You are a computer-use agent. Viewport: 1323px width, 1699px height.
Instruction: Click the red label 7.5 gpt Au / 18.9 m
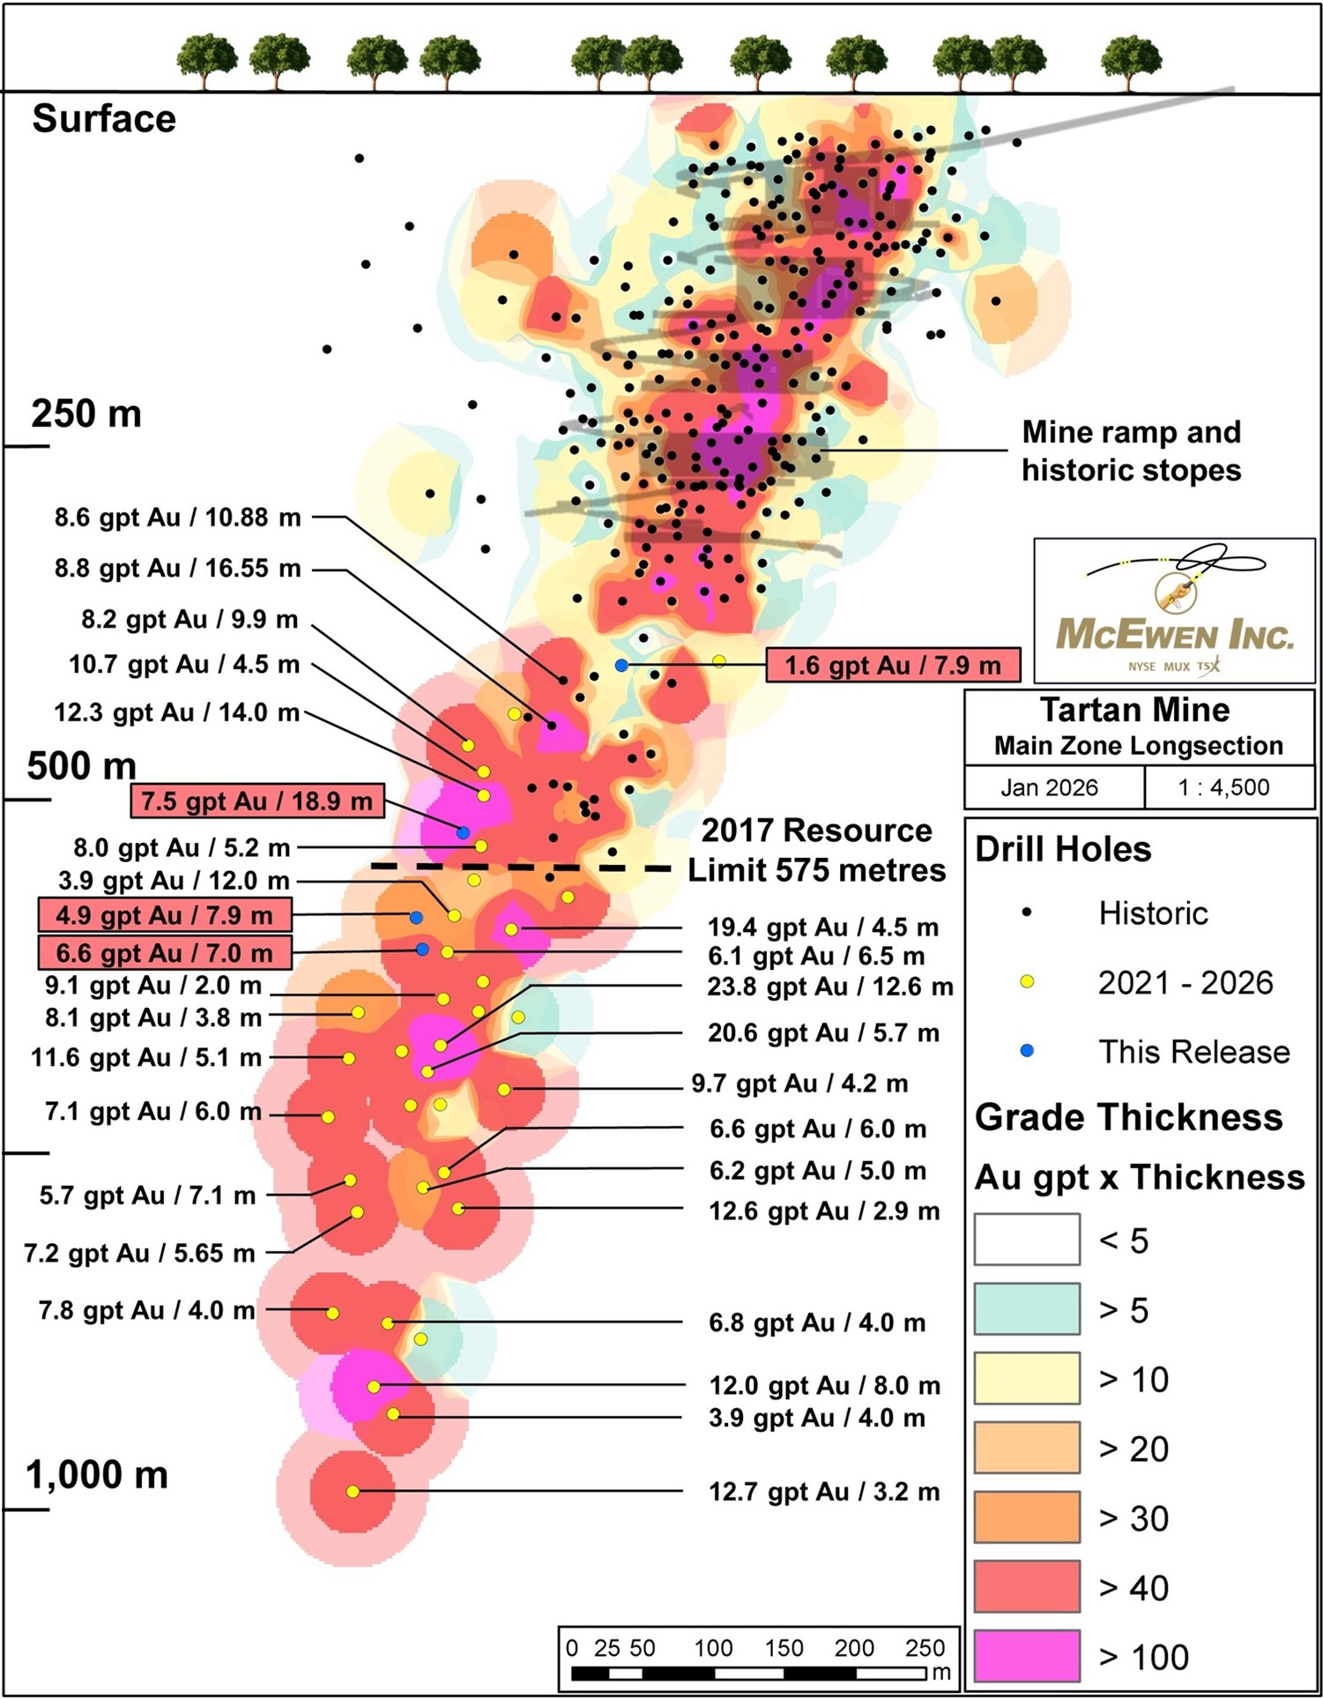(257, 801)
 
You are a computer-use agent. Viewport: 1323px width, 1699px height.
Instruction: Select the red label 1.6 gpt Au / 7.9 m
(893, 665)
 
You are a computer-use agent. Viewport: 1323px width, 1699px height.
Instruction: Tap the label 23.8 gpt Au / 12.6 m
(829, 987)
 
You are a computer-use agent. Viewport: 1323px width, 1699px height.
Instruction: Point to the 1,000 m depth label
(97, 1475)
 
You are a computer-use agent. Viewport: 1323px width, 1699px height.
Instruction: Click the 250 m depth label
(86, 414)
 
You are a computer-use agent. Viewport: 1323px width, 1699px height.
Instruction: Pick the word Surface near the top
(104, 119)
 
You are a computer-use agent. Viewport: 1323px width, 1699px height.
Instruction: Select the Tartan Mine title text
(1134, 710)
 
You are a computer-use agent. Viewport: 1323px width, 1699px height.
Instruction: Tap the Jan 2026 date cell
(1049, 787)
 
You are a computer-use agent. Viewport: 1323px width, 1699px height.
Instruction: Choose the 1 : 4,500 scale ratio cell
(1223, 787)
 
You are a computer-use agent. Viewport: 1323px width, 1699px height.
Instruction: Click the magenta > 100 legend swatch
(1027, 1656)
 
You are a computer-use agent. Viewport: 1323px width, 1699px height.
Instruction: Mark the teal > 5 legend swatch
(1027, 1309)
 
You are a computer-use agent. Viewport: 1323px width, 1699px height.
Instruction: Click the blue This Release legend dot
(1027, 1051)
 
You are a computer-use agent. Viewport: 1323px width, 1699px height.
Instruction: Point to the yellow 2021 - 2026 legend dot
(1027, 981)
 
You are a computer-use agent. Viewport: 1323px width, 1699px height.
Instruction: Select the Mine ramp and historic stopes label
(1131, 451)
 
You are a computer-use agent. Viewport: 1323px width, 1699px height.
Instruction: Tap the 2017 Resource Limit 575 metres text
(816, 850)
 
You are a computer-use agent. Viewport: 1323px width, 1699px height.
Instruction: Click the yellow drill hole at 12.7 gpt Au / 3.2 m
(353, 1492)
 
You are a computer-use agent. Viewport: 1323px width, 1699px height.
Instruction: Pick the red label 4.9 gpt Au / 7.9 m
(165, 915)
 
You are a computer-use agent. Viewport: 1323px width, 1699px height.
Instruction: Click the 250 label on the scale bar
(925, 1648)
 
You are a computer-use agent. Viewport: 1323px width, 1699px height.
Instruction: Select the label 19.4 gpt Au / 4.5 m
(822, 928)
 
